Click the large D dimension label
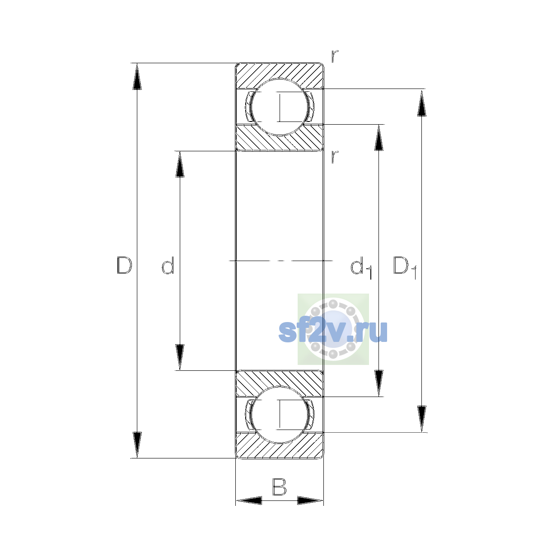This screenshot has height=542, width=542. click(124, 265)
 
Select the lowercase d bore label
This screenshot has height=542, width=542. click(168, 265)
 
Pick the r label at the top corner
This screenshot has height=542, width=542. click(334, 56)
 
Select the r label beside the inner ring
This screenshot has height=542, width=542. click(334, 157)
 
